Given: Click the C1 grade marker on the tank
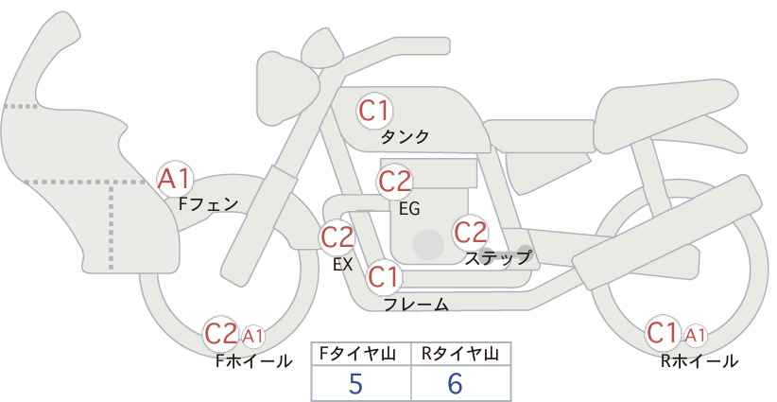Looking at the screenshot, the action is tap(374, 111).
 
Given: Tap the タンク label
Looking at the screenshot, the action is tap(405, 136).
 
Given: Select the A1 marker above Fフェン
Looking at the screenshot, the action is tap(175, 179).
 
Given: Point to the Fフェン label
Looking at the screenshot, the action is tap(208, 204).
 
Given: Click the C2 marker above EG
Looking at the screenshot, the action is tap(394, 181).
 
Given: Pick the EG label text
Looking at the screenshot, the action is tap(410, 209).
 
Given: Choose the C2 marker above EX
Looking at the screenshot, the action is tap(337, 236).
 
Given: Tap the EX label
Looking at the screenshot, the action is tap(342, 265).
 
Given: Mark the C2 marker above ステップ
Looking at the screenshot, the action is tap(471, 233).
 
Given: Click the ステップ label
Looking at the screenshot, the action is tap(497, 258).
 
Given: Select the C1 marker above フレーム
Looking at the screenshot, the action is tap(384, 276).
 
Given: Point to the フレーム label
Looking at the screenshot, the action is tap(416, 305).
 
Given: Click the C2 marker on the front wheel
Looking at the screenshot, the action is tap(221, 334).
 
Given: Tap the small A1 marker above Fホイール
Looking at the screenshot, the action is tap(252, 336).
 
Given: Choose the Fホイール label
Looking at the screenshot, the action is tap(253, 361).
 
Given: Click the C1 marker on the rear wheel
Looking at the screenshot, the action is tap(663, 333).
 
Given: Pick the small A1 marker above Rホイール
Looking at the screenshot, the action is tap(695, 336).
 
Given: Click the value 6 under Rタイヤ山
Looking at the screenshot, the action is tap(455, 383).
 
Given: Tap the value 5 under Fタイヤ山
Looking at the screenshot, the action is tap(355, 383).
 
